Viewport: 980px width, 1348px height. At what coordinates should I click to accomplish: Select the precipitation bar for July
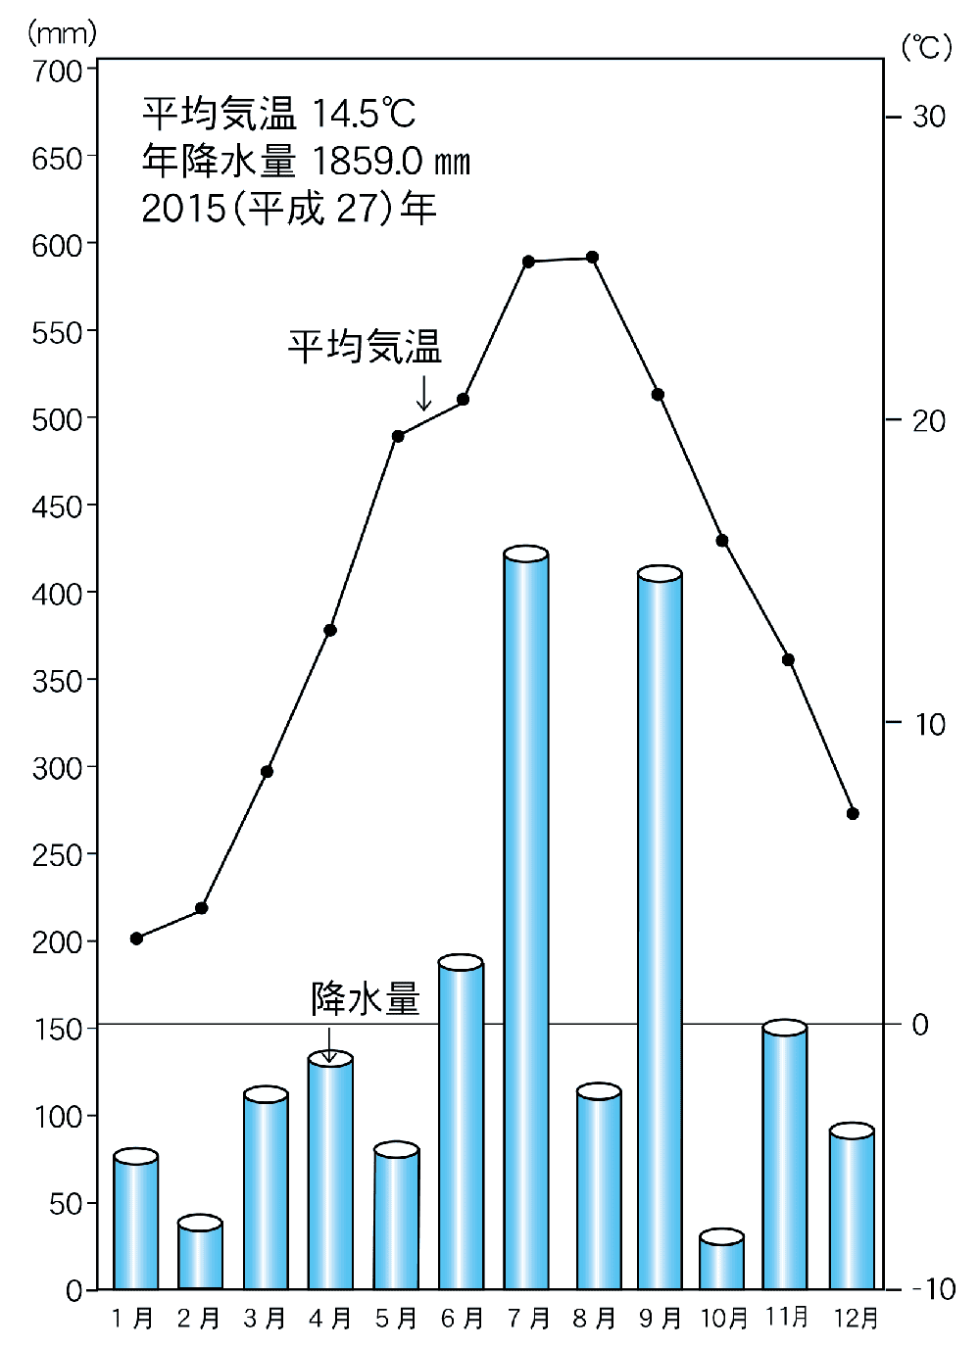tap(526, 921)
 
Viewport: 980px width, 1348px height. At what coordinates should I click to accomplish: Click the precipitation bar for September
tap(660, 931)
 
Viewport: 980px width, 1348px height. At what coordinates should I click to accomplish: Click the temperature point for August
tap(592, 258)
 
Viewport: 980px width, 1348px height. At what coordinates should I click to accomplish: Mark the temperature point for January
tap(136, 939)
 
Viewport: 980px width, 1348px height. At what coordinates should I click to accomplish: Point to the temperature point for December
tap(853, 813)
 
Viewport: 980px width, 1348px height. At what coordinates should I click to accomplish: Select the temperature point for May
tap(398, 436)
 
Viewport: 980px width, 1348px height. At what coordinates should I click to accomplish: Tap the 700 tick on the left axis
tap(60, 72)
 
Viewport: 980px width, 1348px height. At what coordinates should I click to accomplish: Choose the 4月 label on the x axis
tap(330, 1319)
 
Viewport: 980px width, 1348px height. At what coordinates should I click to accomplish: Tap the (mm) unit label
tap(62, 32)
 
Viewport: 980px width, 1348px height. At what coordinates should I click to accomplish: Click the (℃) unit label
tap(926, 46)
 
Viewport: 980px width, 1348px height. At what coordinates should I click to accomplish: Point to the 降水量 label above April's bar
tap(366, 999)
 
